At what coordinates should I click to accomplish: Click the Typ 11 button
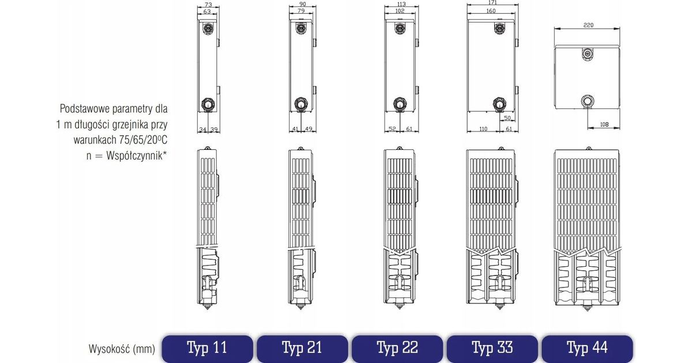coord(207,348)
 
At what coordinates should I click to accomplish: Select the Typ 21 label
coord(302,348)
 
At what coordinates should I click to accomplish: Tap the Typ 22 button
coord(397,348)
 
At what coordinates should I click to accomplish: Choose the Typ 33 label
coord(492,348)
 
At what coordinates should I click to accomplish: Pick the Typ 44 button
coord(587,348)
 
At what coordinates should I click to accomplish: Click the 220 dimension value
coord(588,25)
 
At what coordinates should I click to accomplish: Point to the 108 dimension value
coord(604,124)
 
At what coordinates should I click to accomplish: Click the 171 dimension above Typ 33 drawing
coord(492,2)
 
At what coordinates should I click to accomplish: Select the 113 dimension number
coord(401,4)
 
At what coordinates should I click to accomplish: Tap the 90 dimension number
coord(302,4)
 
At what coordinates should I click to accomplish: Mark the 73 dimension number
coord(209,5)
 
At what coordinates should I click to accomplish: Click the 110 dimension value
coord(483,128)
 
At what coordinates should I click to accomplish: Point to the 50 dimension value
coord(507,118)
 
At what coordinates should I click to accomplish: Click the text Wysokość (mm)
coord(122,349)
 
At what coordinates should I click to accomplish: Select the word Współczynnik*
coord(136,156)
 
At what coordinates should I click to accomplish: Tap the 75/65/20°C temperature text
coord(143,140)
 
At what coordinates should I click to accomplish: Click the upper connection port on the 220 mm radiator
coord(587,54)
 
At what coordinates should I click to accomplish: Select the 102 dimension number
coord(400,11)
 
